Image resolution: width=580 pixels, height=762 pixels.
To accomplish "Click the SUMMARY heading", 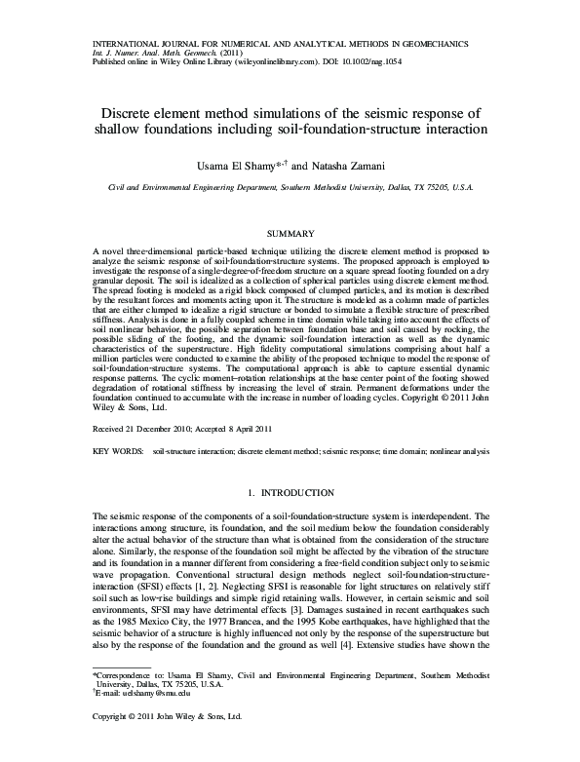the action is pyautogui.click(x=289, y=233).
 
